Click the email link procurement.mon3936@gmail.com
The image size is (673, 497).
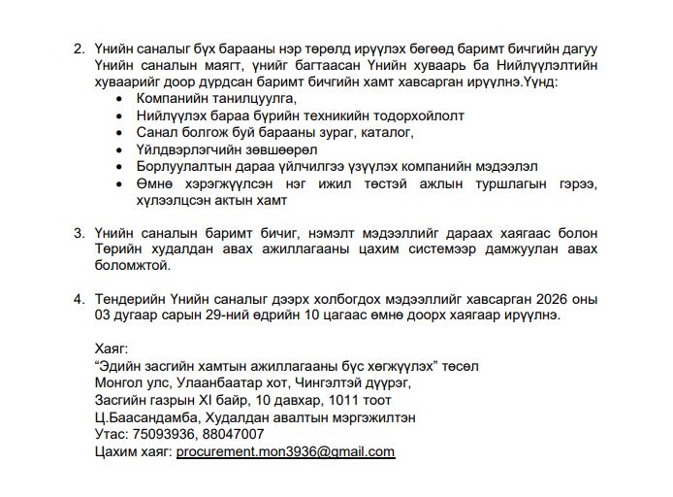point(285,451)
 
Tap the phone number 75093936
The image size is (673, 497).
point(160,434)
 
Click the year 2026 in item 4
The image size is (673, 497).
point(576,298)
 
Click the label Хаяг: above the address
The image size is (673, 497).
point(112,348)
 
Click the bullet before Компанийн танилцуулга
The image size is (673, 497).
point(118,99)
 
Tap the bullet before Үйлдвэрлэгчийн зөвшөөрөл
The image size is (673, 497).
point(118,150)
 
